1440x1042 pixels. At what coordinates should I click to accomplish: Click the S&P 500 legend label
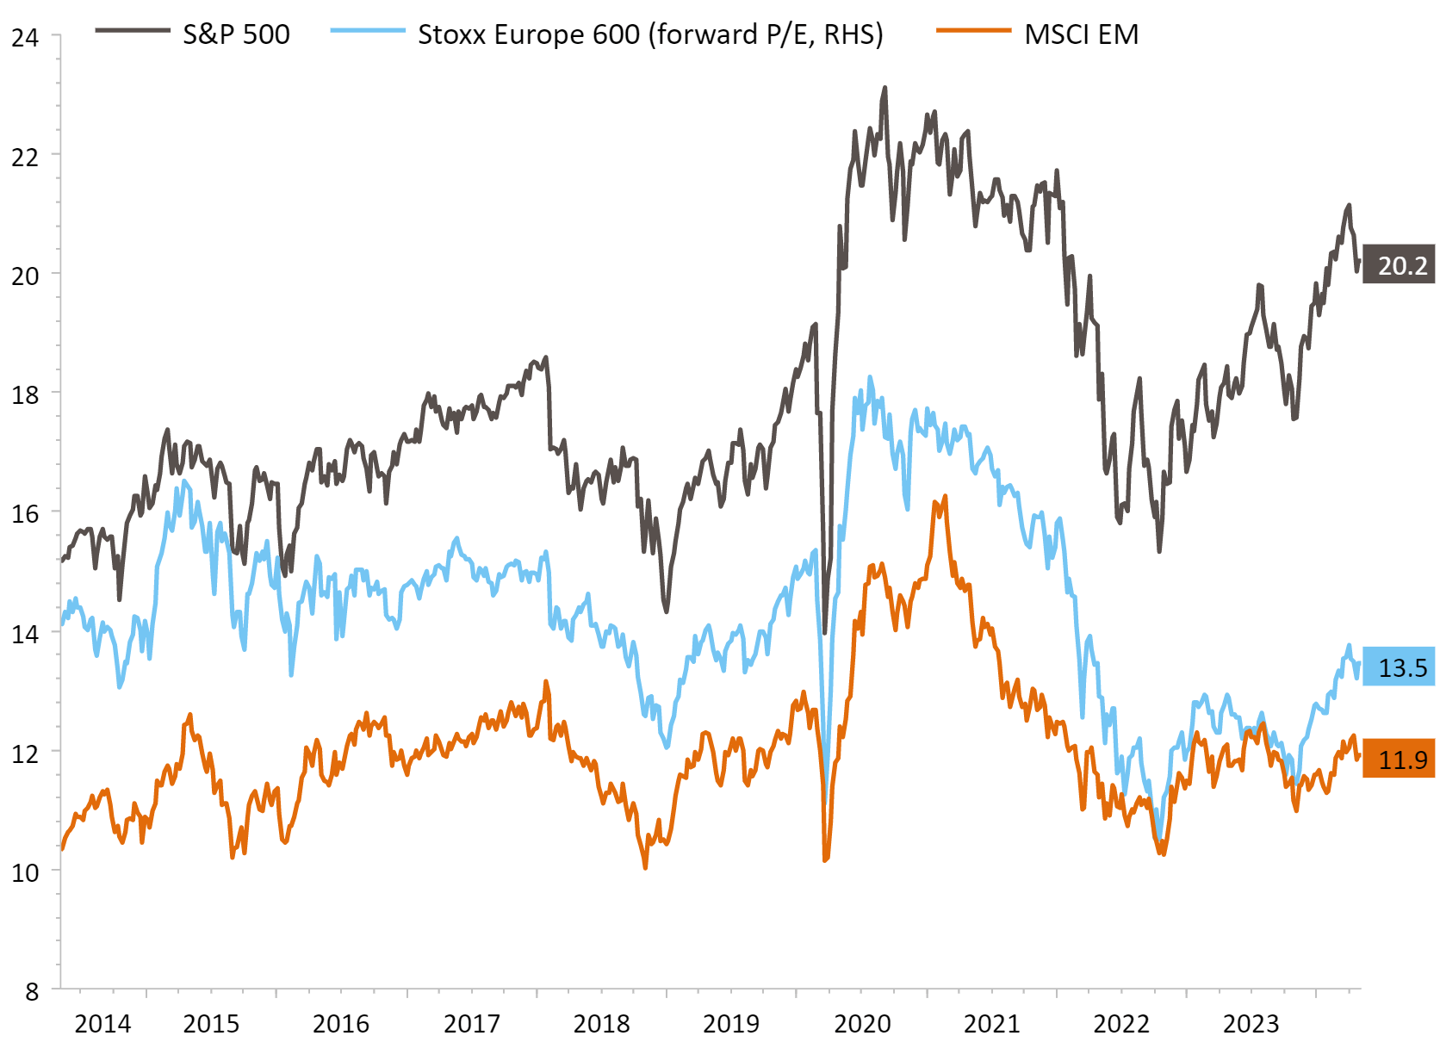(236, 34)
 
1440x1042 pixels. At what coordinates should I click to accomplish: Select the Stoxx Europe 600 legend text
(650, 34)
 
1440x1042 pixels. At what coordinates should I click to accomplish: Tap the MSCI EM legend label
(1081, 34)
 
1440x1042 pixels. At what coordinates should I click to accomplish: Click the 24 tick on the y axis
(25, 38)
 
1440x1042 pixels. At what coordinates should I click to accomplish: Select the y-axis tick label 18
(25, 395)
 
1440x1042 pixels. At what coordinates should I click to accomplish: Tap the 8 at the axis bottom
(32, 991)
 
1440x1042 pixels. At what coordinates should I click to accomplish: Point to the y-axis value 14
(25, 634)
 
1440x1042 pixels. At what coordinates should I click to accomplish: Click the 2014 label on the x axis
(102, 1023)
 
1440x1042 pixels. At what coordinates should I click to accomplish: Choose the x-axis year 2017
(471, 1023)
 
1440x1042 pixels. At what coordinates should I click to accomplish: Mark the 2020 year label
(862, 1023)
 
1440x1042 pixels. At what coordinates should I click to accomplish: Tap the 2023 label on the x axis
(1251, 1023)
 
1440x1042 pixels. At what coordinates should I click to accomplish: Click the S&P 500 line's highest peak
(884, 88)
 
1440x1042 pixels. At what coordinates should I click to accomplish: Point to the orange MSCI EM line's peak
(945, 497)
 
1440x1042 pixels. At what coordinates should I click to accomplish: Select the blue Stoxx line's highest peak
(870, 377)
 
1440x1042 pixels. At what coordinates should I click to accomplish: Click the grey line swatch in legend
(133, 31)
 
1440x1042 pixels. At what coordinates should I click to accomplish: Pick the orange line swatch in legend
(973, 31)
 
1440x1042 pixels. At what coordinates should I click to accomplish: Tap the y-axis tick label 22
(25, 157)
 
